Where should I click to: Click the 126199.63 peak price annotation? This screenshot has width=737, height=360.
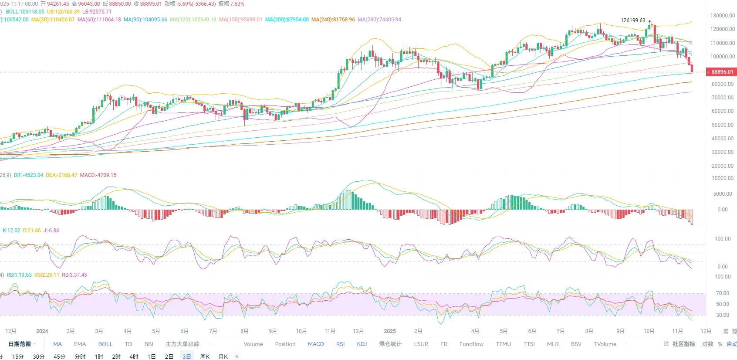point(632,20)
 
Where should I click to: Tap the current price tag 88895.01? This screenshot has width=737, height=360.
point(722,72)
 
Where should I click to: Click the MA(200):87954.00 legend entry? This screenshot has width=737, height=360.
point(287,20)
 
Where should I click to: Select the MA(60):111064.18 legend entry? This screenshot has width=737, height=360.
point(99,20)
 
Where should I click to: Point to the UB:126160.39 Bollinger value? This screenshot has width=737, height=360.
point(63,12)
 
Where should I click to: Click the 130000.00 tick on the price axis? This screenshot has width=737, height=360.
point(722,16)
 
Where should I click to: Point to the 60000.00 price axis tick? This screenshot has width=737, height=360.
point(722,111)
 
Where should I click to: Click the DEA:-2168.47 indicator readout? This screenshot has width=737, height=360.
point(61,175)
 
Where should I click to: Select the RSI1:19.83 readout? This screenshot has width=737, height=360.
point(19,275)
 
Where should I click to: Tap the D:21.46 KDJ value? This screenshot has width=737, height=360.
point(32,231)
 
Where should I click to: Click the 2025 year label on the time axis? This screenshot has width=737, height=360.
point(390,331)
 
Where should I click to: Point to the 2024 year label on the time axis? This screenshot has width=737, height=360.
point(42,331)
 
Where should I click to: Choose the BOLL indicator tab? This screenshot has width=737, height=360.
point(105,344)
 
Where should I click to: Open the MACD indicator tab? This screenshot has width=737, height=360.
point(316,344)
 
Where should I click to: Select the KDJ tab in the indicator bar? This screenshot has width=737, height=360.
point(362,344)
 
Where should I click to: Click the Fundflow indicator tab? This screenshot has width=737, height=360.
point(471,344)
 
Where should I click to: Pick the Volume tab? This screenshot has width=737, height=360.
point(253,344)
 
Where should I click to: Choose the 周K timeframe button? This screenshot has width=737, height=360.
point(205,357)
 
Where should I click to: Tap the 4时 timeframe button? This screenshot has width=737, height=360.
point(134,357)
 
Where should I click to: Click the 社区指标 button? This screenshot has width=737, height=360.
point(683,344)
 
